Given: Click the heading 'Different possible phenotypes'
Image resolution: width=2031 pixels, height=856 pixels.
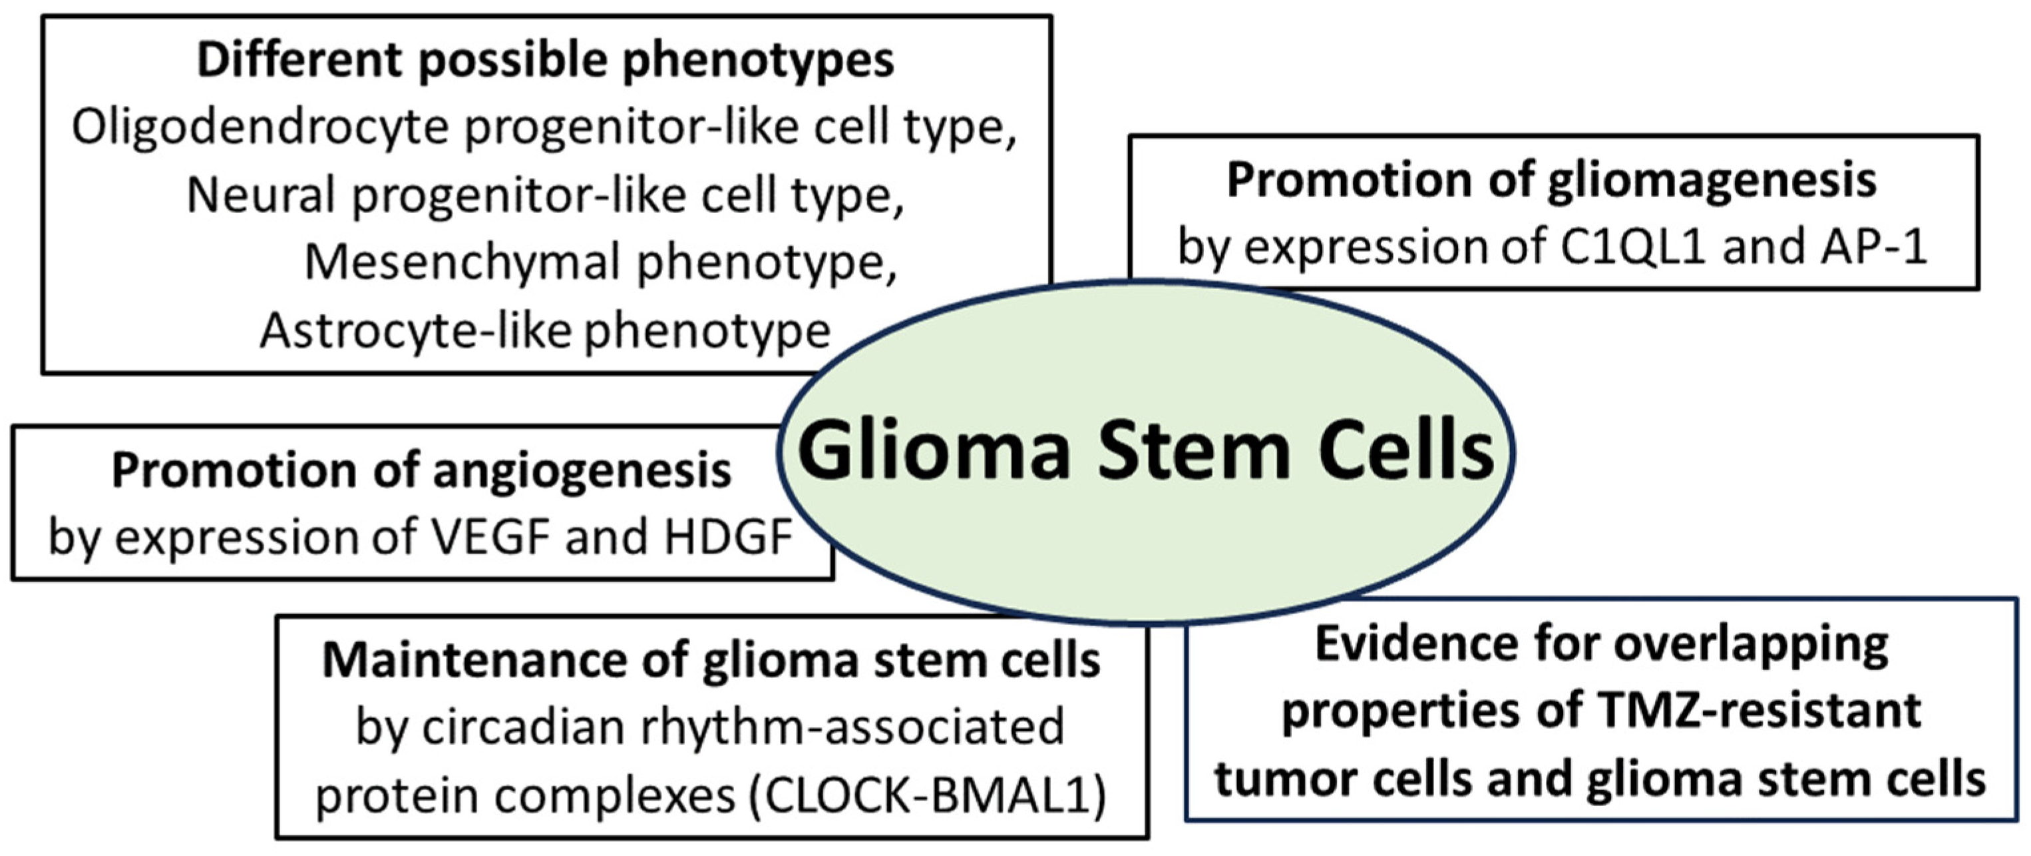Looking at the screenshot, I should coord(545,61).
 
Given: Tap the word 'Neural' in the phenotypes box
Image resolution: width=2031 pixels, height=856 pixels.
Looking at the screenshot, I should coord(260,195).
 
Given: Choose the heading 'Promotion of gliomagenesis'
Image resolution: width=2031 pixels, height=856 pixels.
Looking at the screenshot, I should coord(1552,181).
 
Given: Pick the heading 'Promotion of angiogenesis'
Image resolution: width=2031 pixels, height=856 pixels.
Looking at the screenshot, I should coord(422,471).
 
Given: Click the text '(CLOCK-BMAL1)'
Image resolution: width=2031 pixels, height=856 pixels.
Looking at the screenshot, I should coord(926,795).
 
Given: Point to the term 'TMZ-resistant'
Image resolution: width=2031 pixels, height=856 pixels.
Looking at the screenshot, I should coord(1757,711).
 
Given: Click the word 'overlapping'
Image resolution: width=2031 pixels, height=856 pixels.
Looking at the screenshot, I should coord(1751,646).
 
